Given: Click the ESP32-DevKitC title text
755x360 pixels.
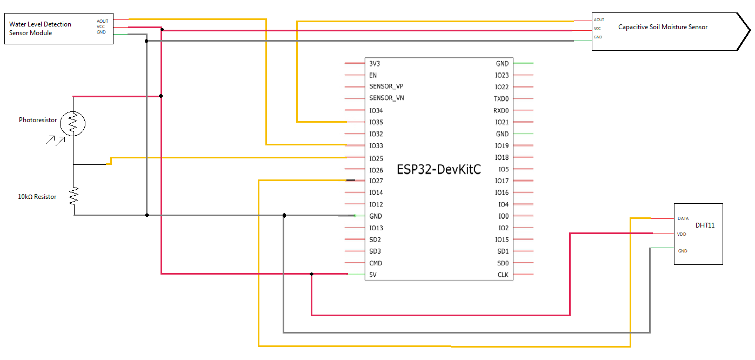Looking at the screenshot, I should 439,169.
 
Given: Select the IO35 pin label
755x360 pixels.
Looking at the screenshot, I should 376,122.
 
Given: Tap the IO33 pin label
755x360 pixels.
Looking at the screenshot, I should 376,146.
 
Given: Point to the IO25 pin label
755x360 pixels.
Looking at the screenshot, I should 376,158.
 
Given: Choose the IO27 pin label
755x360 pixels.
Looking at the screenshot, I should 376,181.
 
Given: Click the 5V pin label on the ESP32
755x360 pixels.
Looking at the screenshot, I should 373,275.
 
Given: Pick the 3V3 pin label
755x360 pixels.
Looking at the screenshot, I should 375,63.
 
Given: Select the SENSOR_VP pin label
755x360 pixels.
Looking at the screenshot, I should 386,86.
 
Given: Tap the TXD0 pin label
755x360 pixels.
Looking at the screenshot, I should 501,99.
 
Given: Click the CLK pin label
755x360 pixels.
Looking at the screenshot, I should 503,275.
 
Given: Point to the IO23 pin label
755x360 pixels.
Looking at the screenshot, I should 502,75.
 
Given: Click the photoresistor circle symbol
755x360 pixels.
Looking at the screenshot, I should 73,124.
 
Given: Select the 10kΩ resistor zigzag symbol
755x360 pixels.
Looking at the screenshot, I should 74,196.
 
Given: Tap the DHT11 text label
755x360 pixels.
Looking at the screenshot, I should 705,225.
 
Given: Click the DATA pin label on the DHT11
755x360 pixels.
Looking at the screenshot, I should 683,219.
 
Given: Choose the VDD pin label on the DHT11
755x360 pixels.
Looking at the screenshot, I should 682,235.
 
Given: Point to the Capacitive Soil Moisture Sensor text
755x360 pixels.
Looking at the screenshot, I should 663,27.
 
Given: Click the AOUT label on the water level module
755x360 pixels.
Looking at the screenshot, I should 102,21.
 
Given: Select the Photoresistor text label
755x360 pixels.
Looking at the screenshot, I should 38,120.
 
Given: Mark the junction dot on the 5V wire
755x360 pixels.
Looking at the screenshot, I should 311,274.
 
